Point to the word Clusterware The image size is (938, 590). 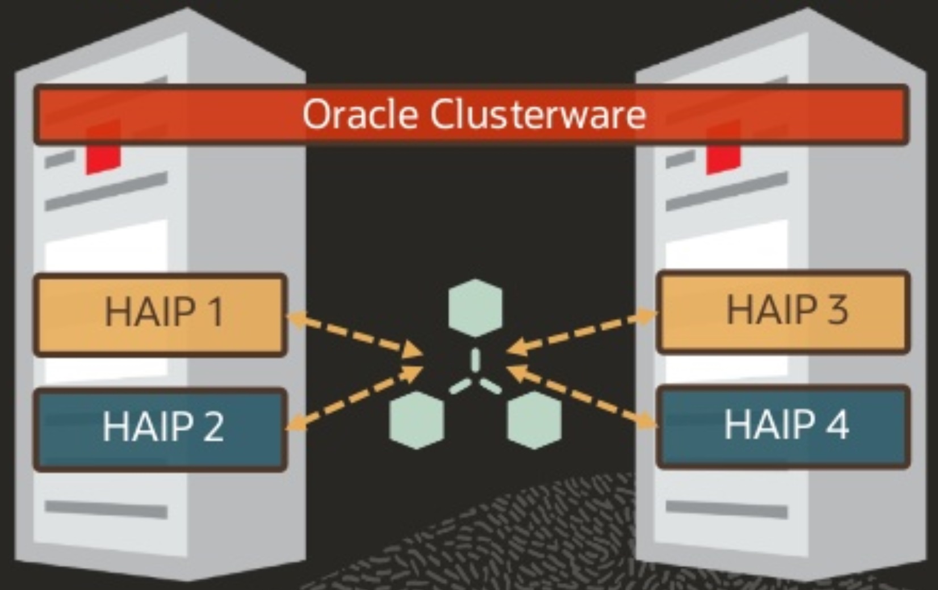point(538,115)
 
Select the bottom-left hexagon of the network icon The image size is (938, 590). point(417,420)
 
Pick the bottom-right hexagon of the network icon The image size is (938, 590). point(534,420)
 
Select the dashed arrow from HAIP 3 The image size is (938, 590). point(582,332)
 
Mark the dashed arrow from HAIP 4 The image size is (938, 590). point(582,396)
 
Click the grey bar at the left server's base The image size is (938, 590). point(106,509)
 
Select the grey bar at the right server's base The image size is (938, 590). point(727,509)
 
